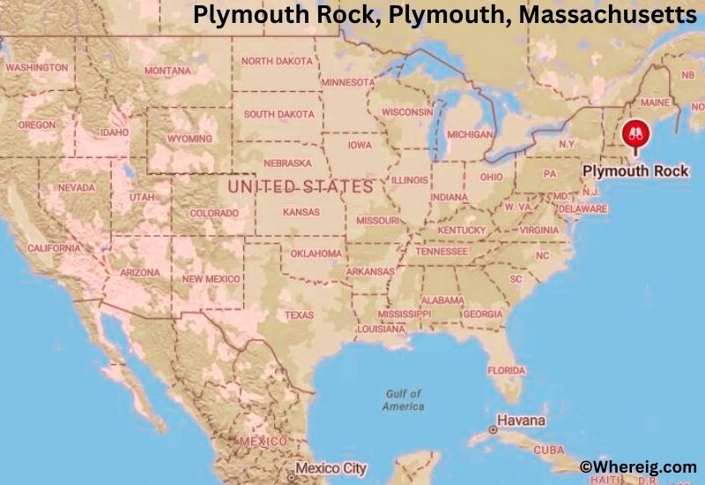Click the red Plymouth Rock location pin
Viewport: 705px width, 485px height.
click(x=634, y=135)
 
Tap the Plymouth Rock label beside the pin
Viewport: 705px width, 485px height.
click(x=635, y=170)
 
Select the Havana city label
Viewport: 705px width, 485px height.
click(x=521, y=421)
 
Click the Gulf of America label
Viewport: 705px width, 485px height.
click(x=403, y=399)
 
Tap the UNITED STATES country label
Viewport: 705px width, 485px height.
click(x=300, y=187)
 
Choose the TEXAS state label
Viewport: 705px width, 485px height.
click(x=299, y=315)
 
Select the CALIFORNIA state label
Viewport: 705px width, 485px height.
click(x=54, y=249)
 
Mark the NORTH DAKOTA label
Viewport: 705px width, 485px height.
click(x=277, y=62)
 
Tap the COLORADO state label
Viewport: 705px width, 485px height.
click(x=214, y=213)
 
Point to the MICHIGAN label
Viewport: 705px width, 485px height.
click(x=470, y=135)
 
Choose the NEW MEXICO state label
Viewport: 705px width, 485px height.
click(x=210, y=279)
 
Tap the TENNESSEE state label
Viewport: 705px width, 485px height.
click(x=442, y=251)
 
